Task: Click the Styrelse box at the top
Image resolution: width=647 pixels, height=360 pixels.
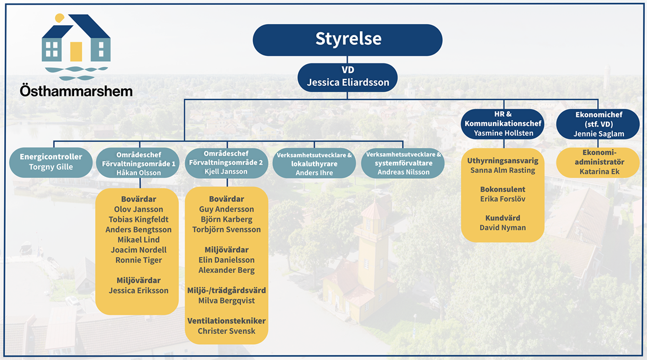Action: coord(348,39)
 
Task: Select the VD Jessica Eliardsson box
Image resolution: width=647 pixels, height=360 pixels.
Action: coord(348,77)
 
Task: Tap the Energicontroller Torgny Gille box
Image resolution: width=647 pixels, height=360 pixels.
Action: coord(51,162)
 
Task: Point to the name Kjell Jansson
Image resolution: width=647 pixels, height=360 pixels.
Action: coord(226,171)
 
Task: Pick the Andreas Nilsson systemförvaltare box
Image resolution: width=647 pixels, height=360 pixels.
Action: coord(403,163)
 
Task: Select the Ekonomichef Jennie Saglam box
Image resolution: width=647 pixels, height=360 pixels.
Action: coord(598,124)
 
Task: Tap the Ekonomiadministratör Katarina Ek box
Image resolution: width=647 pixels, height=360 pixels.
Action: coord(598,162)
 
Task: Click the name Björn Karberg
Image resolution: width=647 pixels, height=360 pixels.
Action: coord(226,219)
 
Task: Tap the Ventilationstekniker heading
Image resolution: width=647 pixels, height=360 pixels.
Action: coord(226,321)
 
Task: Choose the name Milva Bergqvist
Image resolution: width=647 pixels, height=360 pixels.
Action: coord(226,301)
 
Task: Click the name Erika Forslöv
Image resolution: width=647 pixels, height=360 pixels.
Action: coord(502,199)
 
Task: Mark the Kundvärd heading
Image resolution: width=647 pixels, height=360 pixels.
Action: coord(502,217)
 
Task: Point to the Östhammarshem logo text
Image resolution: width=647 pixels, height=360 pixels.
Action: coord(76,91)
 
